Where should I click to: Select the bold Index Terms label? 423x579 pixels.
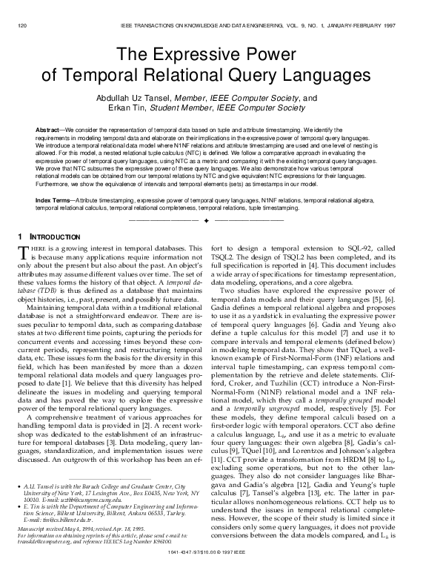54,200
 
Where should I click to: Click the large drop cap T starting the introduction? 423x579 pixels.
22,254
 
